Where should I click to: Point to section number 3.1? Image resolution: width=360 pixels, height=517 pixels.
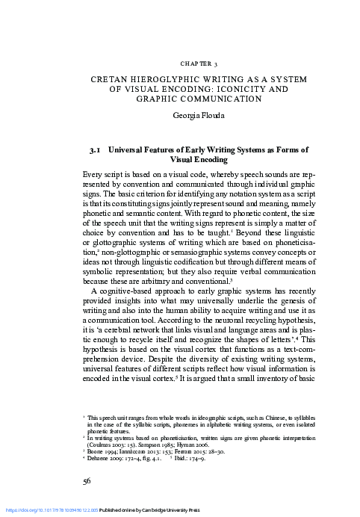point(94,150)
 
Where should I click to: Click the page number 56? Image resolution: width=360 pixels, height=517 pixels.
point(87,482)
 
